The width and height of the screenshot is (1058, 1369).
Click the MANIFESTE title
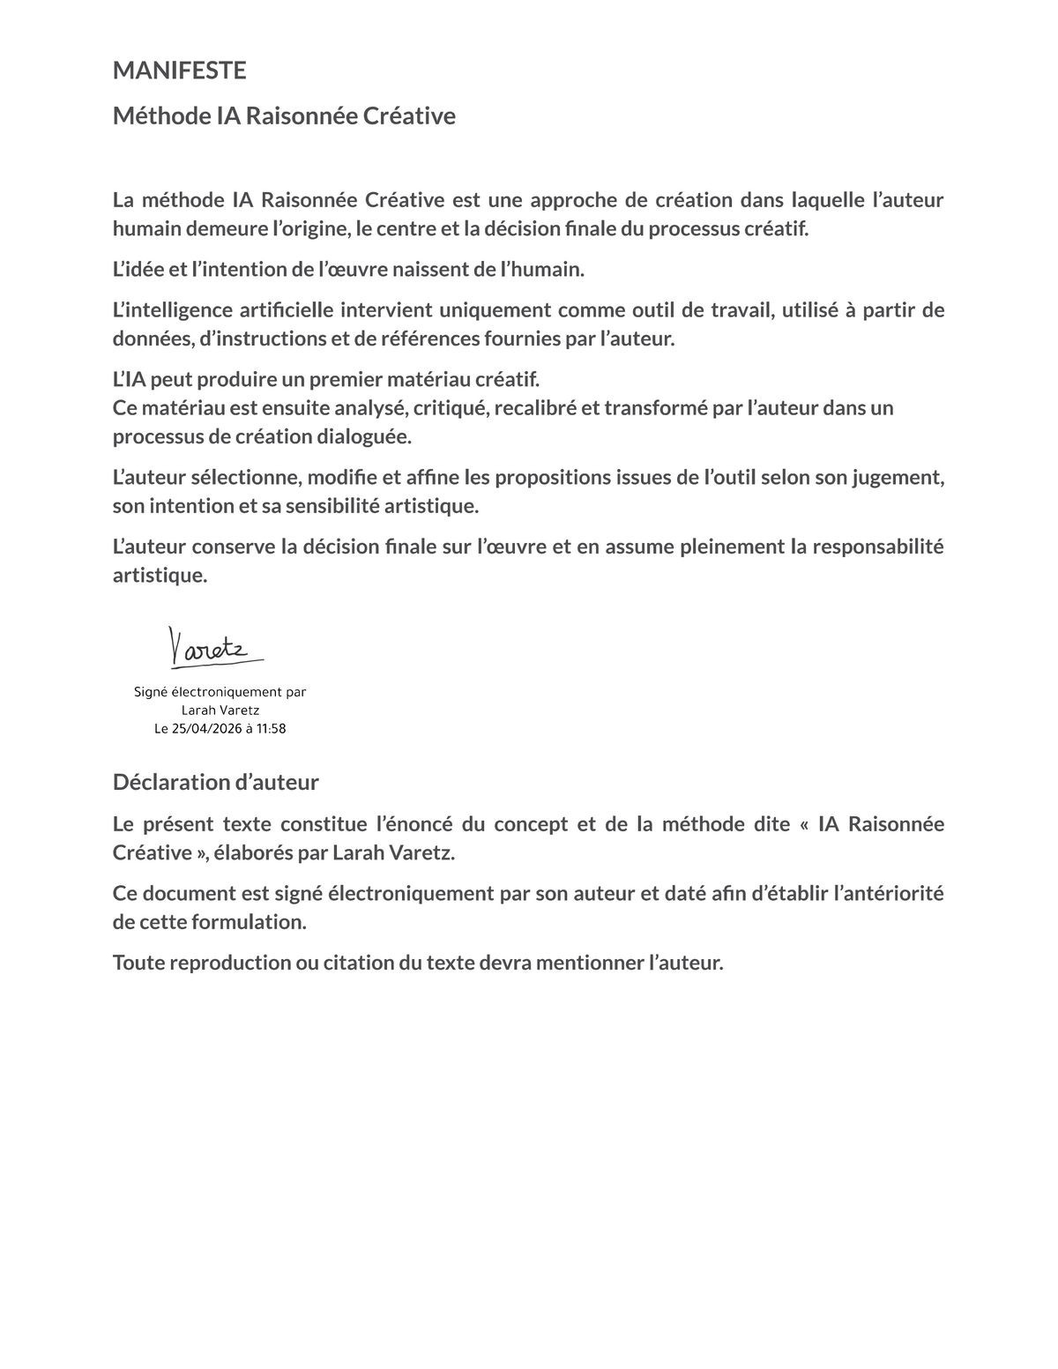(x=179, y=71)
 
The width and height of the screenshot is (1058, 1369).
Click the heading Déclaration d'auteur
(x=215, y=782)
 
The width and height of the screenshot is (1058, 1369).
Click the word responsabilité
(x=878, y=547)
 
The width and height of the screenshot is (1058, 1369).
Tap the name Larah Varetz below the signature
(x=220, y=711)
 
